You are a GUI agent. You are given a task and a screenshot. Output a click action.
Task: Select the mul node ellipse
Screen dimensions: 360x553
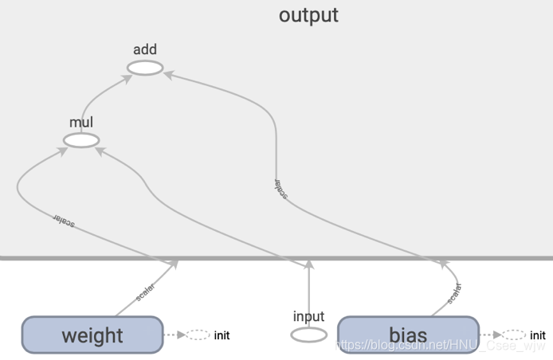tap(81, 141)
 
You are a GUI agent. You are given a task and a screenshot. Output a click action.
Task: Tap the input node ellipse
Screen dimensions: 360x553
tap(308, 335)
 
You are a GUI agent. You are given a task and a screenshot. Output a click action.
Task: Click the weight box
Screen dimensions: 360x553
tap(92, 335)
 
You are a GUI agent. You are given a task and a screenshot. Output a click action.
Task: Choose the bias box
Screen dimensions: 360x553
tap(408, 335)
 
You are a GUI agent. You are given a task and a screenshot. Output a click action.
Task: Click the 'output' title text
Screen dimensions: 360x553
tap(308, 15)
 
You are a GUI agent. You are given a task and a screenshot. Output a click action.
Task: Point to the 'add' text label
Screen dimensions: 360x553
tap(145, 50)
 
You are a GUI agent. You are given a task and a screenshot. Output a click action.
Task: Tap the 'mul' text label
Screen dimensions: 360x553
tap(81, 123)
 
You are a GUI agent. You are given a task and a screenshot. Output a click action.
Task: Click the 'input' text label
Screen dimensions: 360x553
tap(308, 316)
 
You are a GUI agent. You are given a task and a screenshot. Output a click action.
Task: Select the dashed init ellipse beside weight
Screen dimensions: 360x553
tap(198, 335)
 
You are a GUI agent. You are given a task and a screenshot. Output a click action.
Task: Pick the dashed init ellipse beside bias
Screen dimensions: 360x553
tap(515, 335)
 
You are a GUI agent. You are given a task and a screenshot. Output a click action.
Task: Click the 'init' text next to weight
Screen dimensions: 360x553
tap(222, 335)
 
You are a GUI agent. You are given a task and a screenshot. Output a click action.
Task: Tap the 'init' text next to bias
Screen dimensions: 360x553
tap(538, 335)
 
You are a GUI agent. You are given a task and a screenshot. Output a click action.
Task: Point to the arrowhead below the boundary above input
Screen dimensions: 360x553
tap(308, 264)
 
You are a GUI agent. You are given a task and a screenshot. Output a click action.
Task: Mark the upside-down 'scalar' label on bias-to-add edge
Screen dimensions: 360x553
tap(280, 188)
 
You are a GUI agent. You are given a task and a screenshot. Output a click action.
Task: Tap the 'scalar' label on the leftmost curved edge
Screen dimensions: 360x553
tap(65, 221)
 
